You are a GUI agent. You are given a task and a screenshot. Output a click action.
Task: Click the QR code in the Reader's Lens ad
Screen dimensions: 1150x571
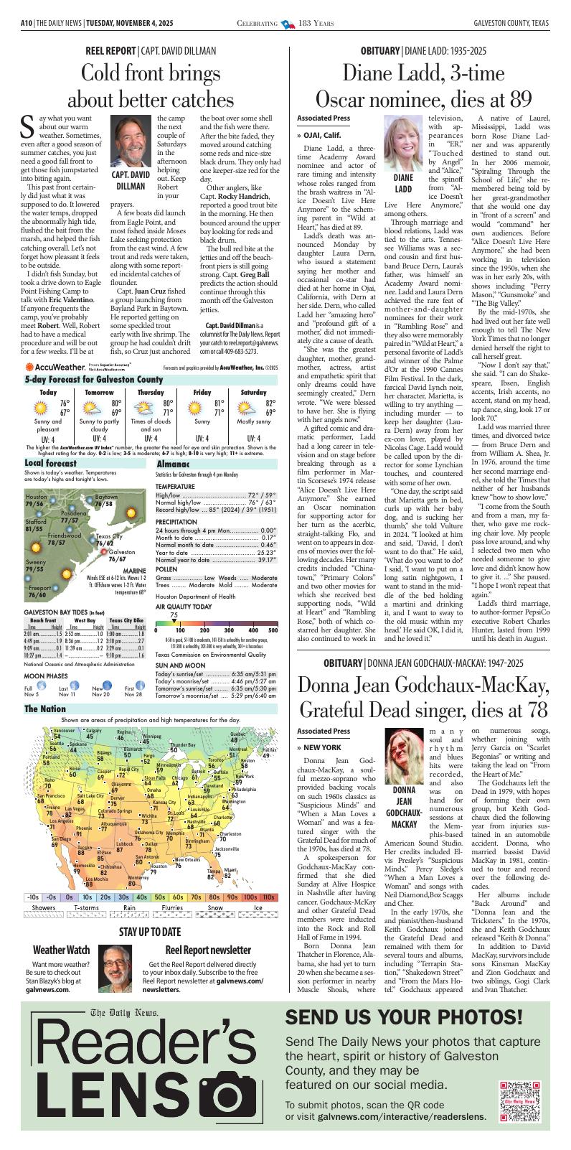[519, 1101]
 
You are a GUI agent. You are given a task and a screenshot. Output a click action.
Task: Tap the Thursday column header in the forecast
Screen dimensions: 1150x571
[151, 392]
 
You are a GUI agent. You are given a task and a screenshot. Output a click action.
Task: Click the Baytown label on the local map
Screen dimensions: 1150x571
[106, 497]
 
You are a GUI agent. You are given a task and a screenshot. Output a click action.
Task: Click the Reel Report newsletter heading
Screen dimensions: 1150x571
[207, 950]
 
